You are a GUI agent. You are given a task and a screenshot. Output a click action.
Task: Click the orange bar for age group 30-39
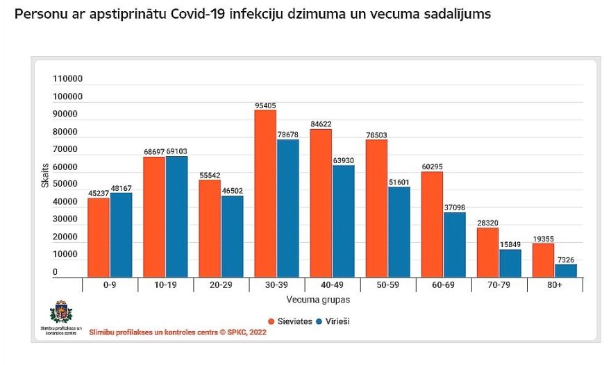[265, 194]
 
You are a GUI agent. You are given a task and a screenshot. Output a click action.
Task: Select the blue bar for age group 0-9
[121, 235]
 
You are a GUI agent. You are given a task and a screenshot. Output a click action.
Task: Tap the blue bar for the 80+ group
[566, 271]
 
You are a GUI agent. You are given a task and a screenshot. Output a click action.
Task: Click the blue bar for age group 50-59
[399, 232]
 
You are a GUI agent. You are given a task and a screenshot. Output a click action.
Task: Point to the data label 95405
[265, 105]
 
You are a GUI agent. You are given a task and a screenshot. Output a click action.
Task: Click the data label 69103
[176, 151]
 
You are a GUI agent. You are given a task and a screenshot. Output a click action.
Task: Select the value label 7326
[567, 260]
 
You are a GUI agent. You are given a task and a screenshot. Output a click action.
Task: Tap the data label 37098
[455, 207]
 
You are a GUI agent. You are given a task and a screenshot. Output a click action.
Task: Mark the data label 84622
[321, 124]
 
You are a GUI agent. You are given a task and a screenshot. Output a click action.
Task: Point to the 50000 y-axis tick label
[68, 185]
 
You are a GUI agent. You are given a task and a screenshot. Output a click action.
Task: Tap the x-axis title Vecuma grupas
[318, 300]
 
